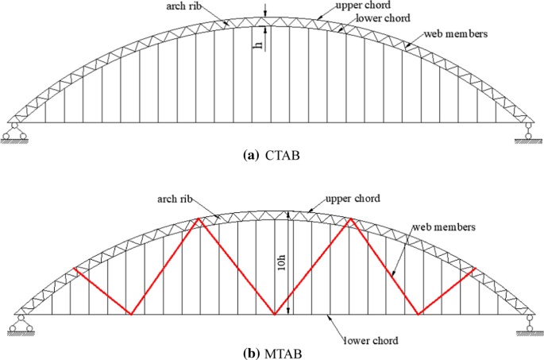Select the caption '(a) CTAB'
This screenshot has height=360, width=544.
coord(272,157)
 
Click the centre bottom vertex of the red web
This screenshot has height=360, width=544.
coord(274,315)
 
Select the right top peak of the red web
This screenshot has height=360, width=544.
coord(349,219)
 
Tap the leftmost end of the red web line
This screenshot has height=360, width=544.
coord(73,268)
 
